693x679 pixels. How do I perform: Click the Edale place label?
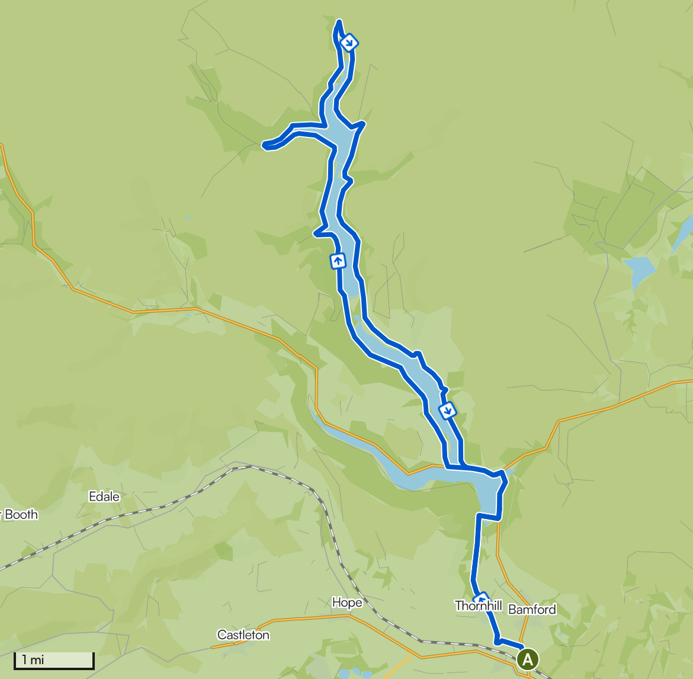(x=104, y=497)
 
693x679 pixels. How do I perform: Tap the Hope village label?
(x=347, y=603)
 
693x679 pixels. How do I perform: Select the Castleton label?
(x=243, y=635)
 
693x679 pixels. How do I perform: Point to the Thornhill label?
(x=479, y=606)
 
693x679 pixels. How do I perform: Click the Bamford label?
(x=532, y=610)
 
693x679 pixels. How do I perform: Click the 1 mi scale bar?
(x=54, y=661)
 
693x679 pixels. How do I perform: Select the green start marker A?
(x=528, y=659)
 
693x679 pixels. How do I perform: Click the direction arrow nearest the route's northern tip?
(x=349, y=42)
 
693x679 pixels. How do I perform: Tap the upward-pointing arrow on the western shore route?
(x=338, y=260)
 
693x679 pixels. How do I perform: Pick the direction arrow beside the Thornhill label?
(x=482, y=597)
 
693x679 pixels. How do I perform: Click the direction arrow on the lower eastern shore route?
(x=448, y=409)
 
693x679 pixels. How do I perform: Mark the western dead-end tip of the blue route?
(x=264, y=144)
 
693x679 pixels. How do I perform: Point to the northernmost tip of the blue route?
(x=339, y=23)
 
